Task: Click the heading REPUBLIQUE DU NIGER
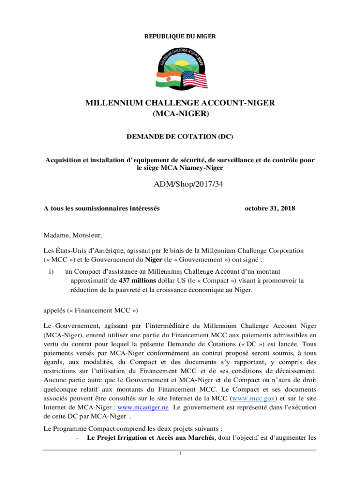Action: coord(180,36)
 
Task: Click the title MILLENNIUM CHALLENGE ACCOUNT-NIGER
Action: coord(180,103)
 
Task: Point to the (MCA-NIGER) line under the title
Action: coord(180,114)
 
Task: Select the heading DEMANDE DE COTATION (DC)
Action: coord(180,137)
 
